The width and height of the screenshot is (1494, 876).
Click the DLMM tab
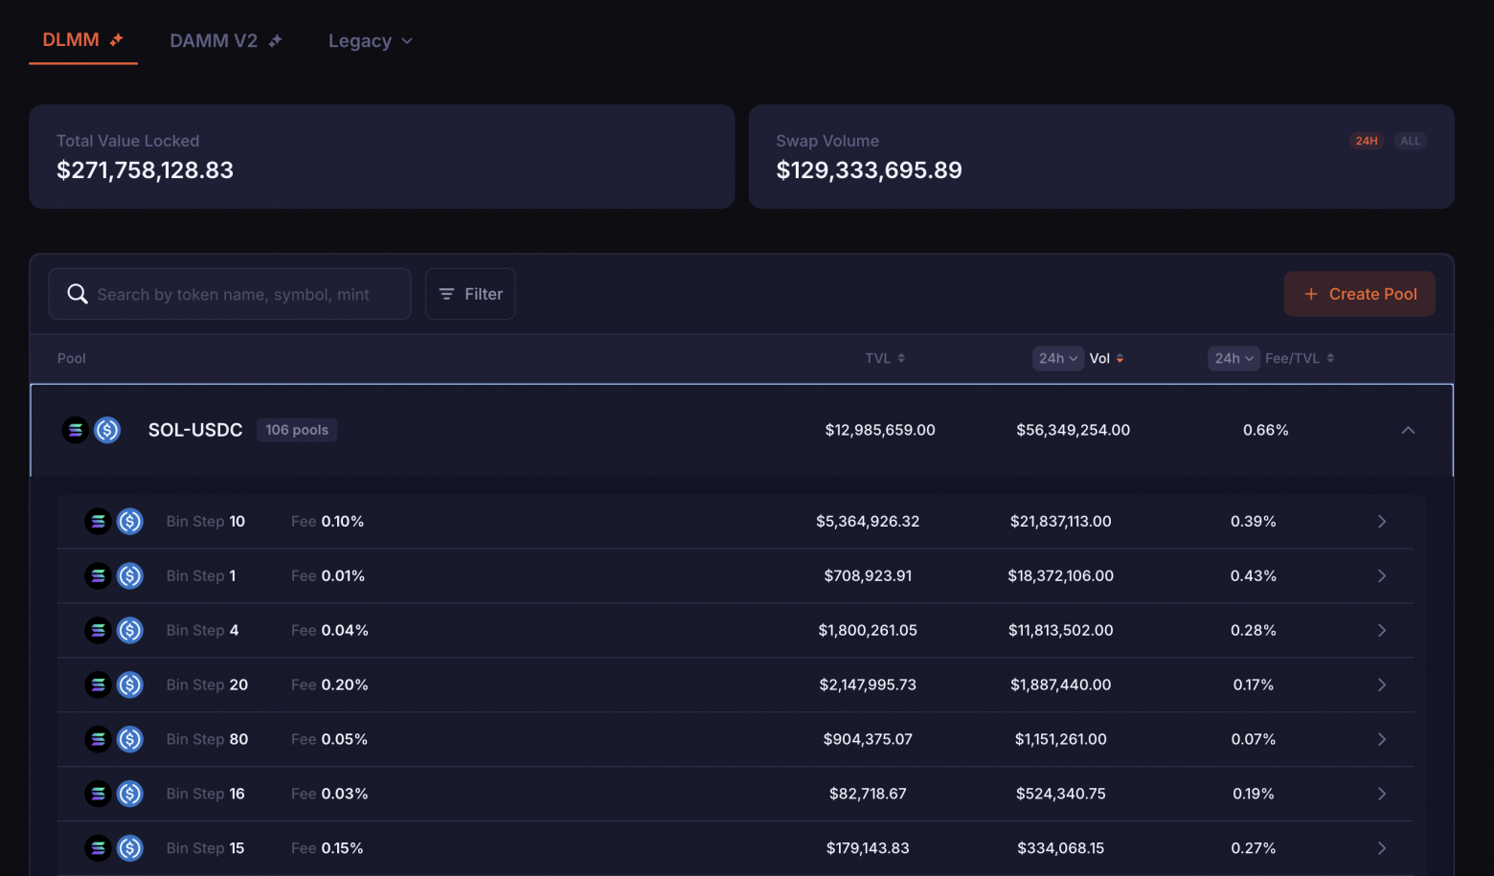82,40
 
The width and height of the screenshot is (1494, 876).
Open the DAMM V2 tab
225,41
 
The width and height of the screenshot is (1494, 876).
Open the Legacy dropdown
370,41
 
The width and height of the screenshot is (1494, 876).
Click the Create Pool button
1359,294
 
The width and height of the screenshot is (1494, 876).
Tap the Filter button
470,294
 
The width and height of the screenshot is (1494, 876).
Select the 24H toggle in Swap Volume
1367,141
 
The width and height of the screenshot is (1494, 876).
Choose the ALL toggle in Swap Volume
1410,141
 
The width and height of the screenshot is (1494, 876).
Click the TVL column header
884,358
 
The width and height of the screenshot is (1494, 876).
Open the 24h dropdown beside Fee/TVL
1233,358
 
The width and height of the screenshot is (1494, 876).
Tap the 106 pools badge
297,430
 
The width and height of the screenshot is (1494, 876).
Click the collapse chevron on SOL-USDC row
1408,430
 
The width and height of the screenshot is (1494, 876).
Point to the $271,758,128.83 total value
145,170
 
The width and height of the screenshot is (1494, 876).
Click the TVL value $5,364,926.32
868,522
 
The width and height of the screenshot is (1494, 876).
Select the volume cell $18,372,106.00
1060,576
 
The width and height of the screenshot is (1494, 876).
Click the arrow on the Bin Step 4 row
1382,631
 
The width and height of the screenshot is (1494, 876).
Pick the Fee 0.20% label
329,685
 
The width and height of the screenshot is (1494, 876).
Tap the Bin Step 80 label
207,740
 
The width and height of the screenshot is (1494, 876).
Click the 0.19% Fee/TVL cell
1253,794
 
